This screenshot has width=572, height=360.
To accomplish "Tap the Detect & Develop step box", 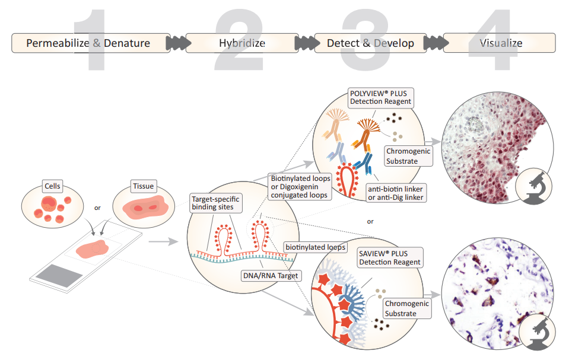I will tap(371, 43).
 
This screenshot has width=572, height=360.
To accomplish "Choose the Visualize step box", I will tap(500, 43).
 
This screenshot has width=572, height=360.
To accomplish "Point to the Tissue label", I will tap(144, 186).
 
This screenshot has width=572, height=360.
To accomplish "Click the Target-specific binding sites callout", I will tap(215, 203).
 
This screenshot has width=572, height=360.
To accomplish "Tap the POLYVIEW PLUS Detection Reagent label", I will tap(380, 97).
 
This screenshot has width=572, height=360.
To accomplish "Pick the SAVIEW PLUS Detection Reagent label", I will tap(390, 257).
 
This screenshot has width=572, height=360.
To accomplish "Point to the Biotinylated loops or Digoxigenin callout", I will tap(300, 187).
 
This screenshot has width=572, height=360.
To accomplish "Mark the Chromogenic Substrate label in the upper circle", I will tap(408, 156).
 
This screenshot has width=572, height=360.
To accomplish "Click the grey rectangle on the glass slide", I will tap(58, 278).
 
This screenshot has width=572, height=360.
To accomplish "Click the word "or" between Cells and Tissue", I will tap(98, 208).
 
